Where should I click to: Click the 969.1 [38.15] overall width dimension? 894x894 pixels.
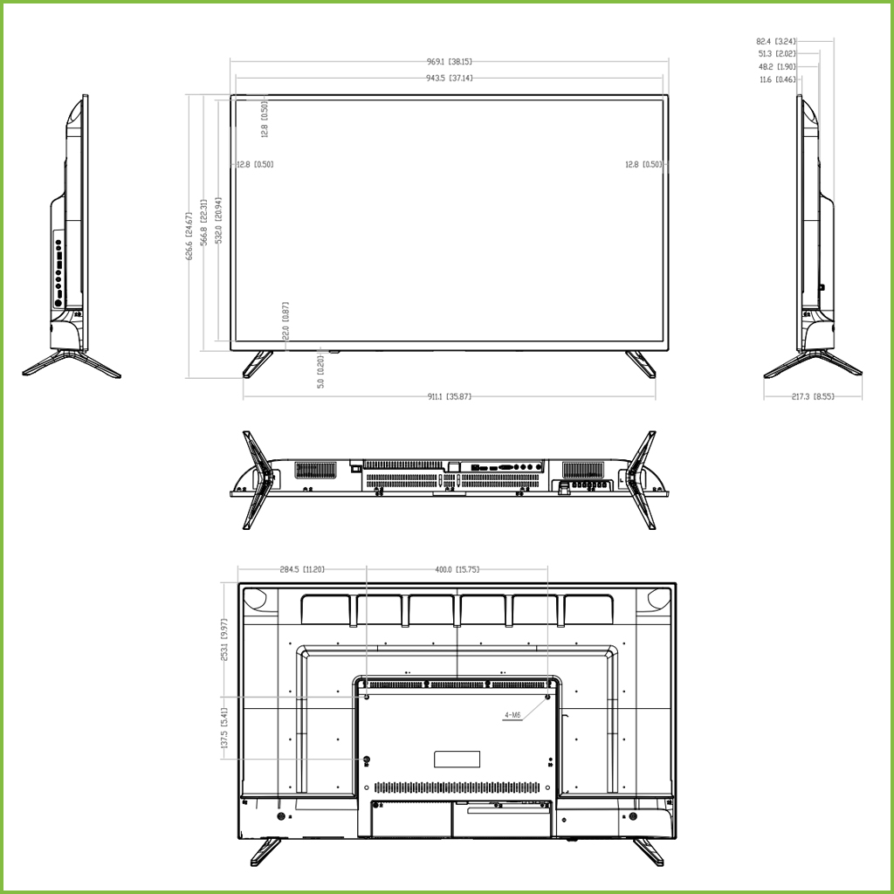(450, 62)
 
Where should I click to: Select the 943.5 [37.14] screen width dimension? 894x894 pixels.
(450, 78)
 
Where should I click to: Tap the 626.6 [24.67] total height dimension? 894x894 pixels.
(188, 236)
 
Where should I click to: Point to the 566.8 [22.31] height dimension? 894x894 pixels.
(203, 223)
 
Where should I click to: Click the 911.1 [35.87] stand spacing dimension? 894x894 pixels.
(450, 396)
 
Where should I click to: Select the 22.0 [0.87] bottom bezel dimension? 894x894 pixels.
(285, 321)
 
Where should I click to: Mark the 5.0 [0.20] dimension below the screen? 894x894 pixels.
(320, 371)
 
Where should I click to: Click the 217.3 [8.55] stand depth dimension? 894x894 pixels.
(813, 396)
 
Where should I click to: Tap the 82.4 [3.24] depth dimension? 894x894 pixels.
(775, 41)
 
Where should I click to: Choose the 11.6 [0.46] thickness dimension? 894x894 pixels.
(777, 79)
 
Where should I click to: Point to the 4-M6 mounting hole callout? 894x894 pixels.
(512, 715)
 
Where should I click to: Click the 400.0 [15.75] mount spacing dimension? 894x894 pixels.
(457, 569)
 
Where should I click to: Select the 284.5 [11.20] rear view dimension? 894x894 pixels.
(302, 569)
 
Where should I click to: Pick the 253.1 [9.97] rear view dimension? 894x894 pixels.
(224, 640)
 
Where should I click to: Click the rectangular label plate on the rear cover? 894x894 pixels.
(457, 758)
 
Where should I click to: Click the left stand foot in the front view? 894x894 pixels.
(257, 363)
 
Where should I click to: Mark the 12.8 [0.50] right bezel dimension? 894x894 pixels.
(643, 164)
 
